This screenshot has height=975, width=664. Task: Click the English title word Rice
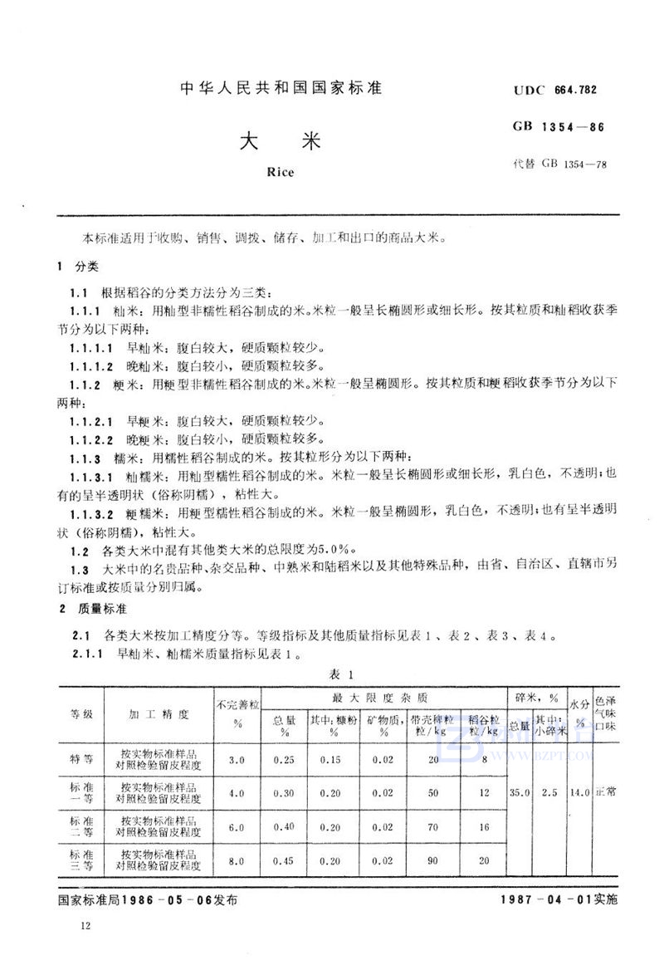(x=281, y=174)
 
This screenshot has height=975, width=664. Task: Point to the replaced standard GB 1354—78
(x=561, y=164)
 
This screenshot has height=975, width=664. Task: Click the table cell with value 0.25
(x=284, y=760)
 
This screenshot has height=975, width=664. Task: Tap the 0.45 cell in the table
(x=284, y=860)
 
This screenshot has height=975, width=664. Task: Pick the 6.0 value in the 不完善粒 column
(x=237, y=826)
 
